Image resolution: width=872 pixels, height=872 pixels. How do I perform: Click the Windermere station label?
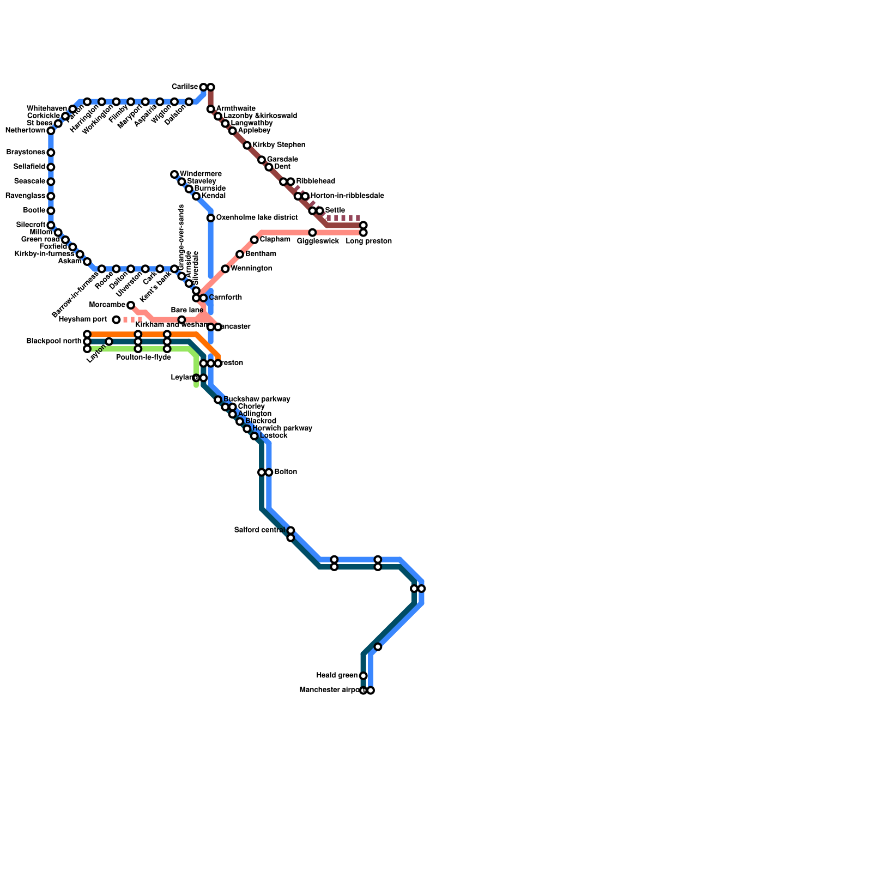201,174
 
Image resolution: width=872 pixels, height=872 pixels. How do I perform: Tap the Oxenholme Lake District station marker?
210,218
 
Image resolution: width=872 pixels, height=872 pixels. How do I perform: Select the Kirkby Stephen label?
278,146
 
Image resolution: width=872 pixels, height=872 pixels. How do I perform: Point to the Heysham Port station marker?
116,320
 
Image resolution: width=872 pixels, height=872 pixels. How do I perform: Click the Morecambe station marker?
131,305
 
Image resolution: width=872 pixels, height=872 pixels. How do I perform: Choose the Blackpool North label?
54,342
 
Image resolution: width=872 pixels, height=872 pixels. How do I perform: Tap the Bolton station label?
286,472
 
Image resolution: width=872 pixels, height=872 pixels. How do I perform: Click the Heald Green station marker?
364,676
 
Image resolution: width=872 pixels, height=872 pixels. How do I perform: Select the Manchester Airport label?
329,691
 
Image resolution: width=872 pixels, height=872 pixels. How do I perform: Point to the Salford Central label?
259,530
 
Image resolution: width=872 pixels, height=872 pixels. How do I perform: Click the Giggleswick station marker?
312,233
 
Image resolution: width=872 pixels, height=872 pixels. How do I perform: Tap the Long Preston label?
368,241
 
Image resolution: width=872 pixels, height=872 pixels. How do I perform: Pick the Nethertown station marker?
51,131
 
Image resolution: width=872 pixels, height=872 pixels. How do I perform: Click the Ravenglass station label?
27,196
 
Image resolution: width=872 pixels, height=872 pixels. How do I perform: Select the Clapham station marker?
254,240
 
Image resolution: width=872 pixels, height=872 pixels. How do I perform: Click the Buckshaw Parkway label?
257,399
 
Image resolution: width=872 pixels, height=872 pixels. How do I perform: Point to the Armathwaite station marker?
210,110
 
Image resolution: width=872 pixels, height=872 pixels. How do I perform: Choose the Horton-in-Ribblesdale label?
347,196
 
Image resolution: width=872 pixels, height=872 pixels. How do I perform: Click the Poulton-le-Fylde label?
143,358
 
